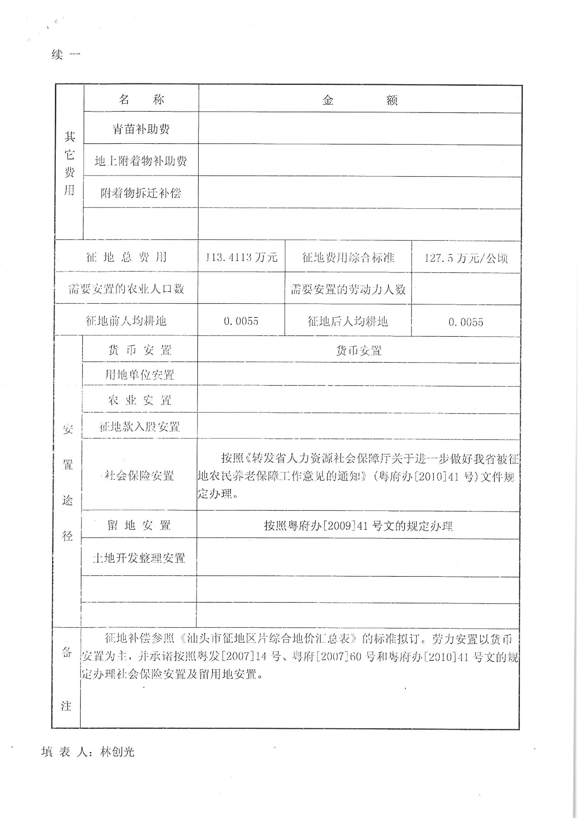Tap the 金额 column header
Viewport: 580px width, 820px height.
point(360,100)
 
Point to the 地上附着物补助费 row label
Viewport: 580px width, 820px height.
point(141,161)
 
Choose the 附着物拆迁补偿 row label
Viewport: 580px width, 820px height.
point(141,193)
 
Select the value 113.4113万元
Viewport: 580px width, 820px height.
point(241,257)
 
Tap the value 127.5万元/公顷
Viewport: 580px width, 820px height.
point(466,258)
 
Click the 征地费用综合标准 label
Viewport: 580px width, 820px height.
point(348,257)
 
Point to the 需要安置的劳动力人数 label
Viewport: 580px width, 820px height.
point(348,289)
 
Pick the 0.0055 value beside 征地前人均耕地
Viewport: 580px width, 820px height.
point(241,321)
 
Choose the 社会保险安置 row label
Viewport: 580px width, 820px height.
point(139,476)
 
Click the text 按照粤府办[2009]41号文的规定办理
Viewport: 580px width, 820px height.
point(358,526)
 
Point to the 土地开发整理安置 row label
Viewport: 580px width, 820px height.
point(139,558)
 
